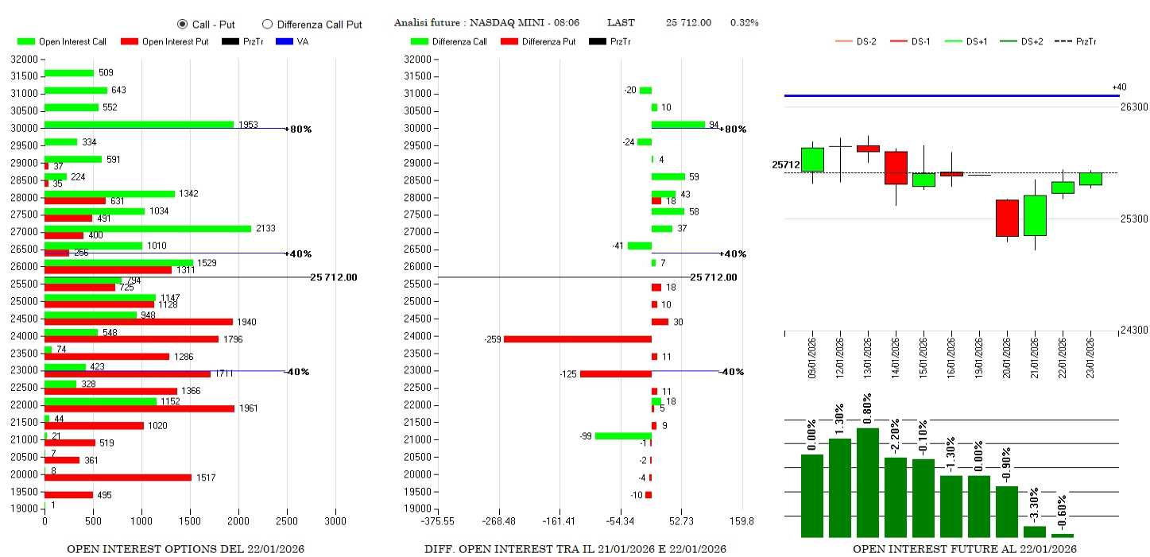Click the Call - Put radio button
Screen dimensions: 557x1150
182,25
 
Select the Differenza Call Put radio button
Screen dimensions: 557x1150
267,25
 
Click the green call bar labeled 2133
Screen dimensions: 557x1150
148,229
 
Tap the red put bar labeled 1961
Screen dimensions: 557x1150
139,408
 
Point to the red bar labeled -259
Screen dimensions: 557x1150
577,339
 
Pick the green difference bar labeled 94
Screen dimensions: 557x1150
678,125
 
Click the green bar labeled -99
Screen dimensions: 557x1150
623,435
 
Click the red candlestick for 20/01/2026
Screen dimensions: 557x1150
1007,218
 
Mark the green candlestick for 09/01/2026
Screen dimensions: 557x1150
812,160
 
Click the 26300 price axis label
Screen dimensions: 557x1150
1134,107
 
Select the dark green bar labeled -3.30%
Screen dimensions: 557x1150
1035,532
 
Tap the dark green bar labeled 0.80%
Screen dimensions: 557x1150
868,482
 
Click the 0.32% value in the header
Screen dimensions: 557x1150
744,23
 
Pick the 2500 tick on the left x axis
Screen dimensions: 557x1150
287,522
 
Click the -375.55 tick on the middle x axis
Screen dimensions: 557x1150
438,522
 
